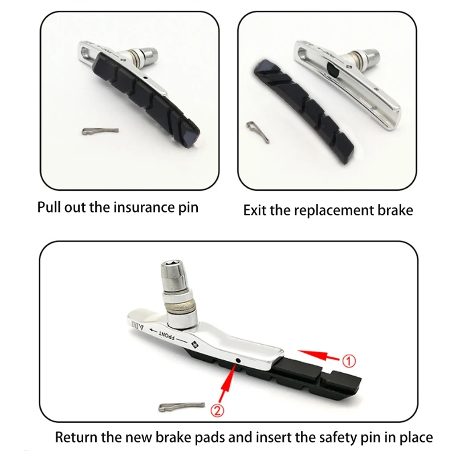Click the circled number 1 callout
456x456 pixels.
(348, 361)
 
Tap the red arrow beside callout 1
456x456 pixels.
(318, 355)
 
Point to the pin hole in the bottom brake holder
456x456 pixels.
(238, 361)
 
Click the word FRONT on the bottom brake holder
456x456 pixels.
(166, 335)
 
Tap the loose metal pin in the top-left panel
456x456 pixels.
(100, 131)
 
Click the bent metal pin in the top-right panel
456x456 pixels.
(258, 132)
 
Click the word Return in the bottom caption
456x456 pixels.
(76, 437)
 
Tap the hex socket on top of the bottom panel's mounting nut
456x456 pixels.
(172, 265)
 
